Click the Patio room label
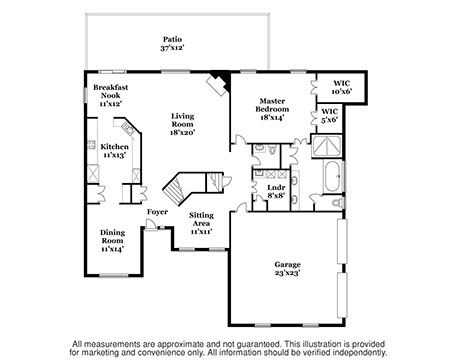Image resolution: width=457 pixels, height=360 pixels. point(172,39)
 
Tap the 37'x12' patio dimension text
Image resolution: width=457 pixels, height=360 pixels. point(172,48)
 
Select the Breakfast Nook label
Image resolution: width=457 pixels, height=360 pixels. point(111,91)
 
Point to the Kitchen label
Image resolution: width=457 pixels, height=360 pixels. point(115,147)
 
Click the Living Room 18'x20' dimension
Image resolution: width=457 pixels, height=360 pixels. point(183,132)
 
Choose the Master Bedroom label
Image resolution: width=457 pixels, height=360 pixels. point(272,105)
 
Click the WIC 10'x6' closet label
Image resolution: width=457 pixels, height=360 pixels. point(342,87)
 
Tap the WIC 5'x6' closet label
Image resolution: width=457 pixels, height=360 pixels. point(330,115)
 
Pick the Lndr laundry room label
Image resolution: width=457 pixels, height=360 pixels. point(276,188)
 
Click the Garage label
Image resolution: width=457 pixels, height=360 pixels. point(288,265)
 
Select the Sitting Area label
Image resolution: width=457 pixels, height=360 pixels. point(202,219)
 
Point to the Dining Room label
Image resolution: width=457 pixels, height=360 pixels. point(113,236)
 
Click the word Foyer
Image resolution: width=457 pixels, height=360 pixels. point(157,212)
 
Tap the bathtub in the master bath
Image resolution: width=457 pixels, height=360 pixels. point(333,177)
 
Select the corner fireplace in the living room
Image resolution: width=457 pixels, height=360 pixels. point(219,83)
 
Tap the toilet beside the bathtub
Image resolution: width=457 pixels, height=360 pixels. point(339,202)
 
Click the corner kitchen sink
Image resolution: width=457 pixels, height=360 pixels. point(127,127)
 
